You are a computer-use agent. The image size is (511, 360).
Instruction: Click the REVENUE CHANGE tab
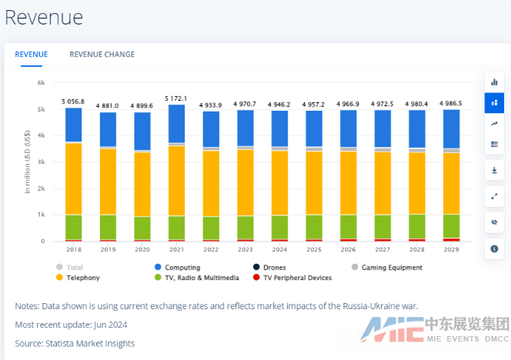pyautogui.click(x=102, y=54)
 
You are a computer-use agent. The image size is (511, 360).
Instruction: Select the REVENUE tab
pyautogui.click(x=32, y=54)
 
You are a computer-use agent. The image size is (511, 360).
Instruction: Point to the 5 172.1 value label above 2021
pyautogui.click(x=175, y=98)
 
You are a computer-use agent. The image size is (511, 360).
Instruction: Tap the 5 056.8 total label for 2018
pyautogui.click(x=73, y=102)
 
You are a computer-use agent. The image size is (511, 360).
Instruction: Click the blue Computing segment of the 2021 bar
pyautogui.click(x=176, y=123)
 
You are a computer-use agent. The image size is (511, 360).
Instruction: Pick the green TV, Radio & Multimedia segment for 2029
pyautogui.click(x=451, y=225)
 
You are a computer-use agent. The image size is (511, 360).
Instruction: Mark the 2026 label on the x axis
pyautogui.click(x=348, y=250)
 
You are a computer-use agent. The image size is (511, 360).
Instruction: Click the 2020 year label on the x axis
pyautogui.click(x=142, y=250)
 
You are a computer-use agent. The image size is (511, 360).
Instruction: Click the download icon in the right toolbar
pyautogui.click(x=494, y=170)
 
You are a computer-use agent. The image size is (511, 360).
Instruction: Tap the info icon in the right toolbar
pyautogui.click(x=494, y=248)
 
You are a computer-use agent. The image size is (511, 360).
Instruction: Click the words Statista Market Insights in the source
pyautogui.click(x=91, y=343)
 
